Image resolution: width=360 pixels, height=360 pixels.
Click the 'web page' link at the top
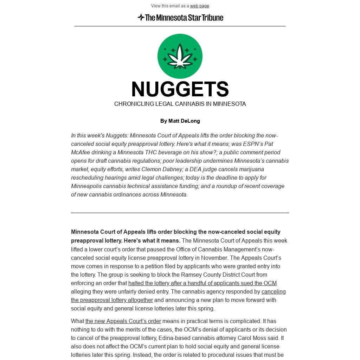point(199,6)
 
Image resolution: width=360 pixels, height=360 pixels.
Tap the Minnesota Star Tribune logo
point(180,18)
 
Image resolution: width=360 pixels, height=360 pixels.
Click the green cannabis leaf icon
point(180,56)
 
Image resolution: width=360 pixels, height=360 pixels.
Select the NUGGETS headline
point(180,89)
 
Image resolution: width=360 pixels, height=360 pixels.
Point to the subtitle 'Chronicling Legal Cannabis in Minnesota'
point(180,104)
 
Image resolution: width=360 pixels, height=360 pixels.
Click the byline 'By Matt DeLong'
point(180,121)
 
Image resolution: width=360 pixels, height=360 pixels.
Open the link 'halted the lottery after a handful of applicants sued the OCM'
point(202,283)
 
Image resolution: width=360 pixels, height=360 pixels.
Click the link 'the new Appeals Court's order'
point(123,321)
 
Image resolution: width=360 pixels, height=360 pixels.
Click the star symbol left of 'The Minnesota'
point(141,17)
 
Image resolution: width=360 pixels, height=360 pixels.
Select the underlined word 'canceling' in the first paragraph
point(274,292)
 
